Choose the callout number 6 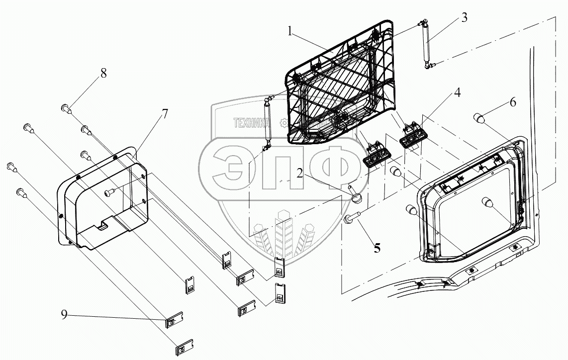pos(513,103)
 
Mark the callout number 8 pos(103,73)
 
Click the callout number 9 pos(65,315)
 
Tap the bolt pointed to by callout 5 pos(352,218)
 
